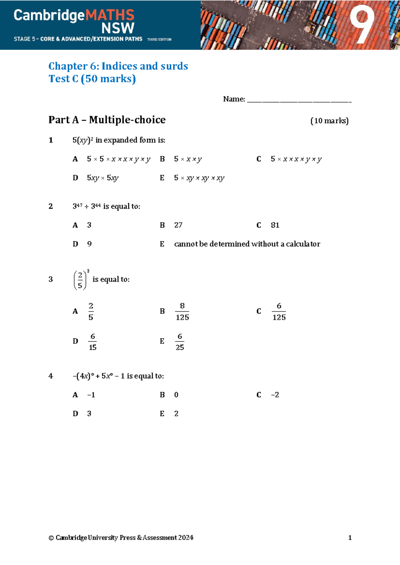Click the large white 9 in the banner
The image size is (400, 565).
click(362, 26)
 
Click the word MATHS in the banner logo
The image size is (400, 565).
click(110, 15)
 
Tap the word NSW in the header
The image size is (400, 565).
click(118, 29)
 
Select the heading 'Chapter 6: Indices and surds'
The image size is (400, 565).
click(118, 66)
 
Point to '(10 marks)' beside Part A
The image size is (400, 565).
click(329, 121)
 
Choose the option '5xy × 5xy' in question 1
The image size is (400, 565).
click(103, 178)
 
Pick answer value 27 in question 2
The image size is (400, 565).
click(178, 225)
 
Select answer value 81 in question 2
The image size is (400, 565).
click(275, 225)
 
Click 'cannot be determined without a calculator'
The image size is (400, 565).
click(247, 244)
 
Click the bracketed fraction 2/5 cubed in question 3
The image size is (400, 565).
click(81, 280)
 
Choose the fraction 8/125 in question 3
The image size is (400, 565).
click(182, 311)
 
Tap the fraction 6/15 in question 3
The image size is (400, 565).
click(92, 342)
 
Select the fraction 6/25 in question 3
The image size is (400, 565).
click(180, 342)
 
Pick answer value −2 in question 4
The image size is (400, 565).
click(275, 395)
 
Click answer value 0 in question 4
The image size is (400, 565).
click(176, 395)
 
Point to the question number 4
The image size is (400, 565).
click(51, 376)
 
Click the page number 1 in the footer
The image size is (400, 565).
click(350, 537)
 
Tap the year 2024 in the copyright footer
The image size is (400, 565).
click(186, 537)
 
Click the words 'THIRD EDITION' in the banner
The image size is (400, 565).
click(159, 39)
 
